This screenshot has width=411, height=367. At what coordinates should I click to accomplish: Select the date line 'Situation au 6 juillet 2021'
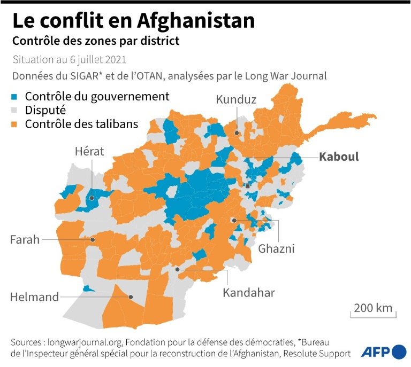tap(70, 59)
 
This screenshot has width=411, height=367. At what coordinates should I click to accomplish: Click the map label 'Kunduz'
tap(236, 99)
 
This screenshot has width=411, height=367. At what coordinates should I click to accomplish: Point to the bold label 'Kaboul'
tap(339, 157)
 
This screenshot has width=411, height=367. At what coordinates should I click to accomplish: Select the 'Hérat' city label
tap(89, 152)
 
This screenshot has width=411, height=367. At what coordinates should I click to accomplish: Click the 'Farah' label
tap(25, 240)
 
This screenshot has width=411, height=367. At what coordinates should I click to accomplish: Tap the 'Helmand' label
tap(35, 297)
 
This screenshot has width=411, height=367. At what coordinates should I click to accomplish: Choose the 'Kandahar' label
tap(249, 293)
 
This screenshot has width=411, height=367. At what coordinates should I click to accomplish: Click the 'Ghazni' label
tap(276, 248)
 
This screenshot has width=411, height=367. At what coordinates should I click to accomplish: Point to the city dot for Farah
tap(93, 240)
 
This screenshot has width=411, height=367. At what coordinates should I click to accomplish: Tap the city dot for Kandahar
tap(178, 270)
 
